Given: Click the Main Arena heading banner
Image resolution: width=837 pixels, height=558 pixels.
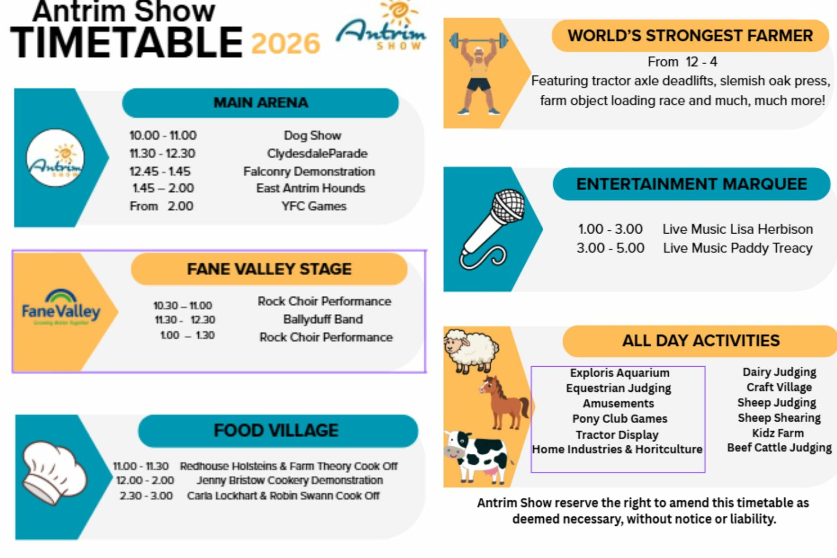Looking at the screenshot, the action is pyautogui.click(x=260, y=103).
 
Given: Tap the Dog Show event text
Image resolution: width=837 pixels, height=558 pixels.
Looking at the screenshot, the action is pyautogui.click(x=313, y=136).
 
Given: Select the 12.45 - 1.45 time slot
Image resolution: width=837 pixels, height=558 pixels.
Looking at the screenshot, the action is pyautogui.click(x=160, y=171).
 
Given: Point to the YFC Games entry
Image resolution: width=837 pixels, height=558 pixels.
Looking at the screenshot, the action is pyautogui.click(x=314, y=206).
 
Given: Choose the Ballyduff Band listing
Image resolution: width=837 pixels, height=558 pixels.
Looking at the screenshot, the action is pyautogui.click(x=323, y=319).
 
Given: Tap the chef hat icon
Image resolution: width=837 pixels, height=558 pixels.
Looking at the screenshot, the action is pyautogui.click(x=54, y=473).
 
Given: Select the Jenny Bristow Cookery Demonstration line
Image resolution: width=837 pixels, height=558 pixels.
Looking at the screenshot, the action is pyautogui.click(x=289, y=480).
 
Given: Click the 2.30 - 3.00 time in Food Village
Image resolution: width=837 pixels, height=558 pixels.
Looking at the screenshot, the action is pyautogui.click(x=146, y=496).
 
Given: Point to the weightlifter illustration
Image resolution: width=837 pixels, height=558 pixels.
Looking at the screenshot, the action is pyautogui.click(x=479, y=73).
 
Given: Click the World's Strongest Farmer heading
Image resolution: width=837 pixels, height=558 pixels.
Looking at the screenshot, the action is pyautogui.click(x=690, y=36).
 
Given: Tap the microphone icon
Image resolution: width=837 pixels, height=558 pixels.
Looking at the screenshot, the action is pyautogui.click(x=492, y=229).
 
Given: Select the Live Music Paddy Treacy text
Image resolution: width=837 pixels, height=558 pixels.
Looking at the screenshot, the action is pyautogui.click(x=738, y=248).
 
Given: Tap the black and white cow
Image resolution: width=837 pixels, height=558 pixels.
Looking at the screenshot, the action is pyautogui.click(x=476, y=456).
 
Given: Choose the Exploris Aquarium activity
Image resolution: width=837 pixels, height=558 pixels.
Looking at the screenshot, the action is pyautogui.click(x=619, y=373).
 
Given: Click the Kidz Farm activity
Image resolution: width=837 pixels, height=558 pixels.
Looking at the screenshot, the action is pyautogui.click(x=778, y=433).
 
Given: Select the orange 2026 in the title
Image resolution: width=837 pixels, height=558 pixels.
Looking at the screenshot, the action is pyautogui.click(x=286, y=43).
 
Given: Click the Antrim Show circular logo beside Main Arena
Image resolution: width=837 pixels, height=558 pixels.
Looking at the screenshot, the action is pyautogui.click(x=55, y=158).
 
